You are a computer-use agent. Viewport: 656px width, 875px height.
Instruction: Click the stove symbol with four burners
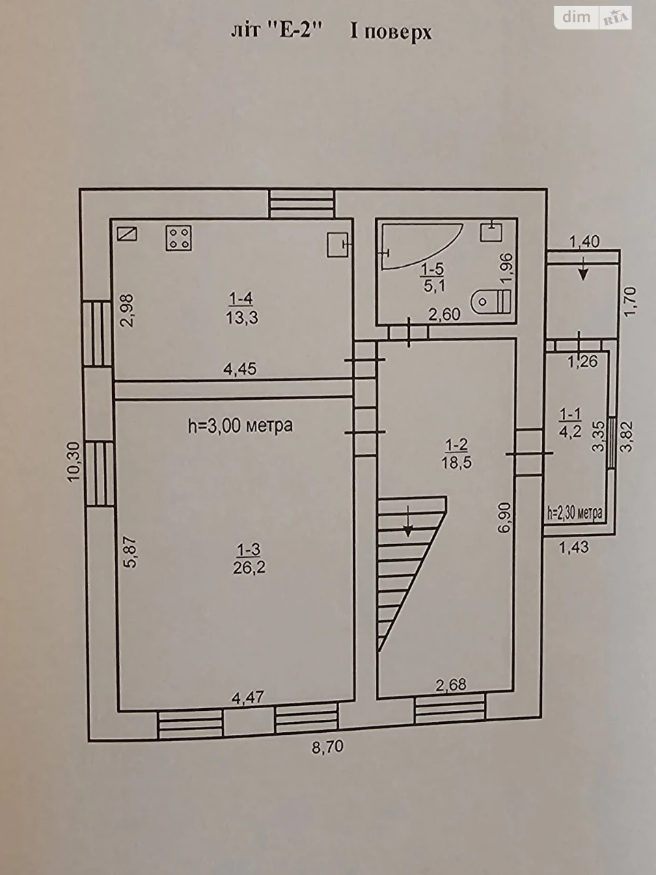179,238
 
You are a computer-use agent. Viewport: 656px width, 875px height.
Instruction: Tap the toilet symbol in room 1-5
491,301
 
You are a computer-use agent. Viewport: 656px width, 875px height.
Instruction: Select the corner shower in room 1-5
422,247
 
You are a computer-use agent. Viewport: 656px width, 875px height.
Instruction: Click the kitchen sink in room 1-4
339,244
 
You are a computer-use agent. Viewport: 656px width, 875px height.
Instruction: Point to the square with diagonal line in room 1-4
128,234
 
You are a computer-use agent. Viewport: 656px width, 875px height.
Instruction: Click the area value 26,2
249,567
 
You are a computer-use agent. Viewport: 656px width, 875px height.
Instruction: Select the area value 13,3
242,318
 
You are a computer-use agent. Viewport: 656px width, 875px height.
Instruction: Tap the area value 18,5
456,462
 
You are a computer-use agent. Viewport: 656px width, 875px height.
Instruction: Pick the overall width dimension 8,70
327,746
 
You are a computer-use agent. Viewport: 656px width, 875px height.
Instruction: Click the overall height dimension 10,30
74,462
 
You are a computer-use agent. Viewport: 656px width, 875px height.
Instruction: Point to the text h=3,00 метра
240,426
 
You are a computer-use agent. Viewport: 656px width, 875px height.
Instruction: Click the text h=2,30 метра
575,513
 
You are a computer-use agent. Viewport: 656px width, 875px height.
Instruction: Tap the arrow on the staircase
408,522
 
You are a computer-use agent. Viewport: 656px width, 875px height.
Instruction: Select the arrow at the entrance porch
584,269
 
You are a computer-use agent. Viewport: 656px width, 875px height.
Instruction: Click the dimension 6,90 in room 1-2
504,518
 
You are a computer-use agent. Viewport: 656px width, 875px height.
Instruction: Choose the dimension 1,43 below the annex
574,548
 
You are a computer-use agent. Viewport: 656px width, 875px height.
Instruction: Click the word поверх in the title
398,33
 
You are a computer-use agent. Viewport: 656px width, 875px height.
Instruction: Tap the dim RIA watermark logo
593,18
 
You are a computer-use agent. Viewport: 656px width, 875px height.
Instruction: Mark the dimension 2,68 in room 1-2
450,685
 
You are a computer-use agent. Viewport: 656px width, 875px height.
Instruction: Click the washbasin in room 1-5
491,231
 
